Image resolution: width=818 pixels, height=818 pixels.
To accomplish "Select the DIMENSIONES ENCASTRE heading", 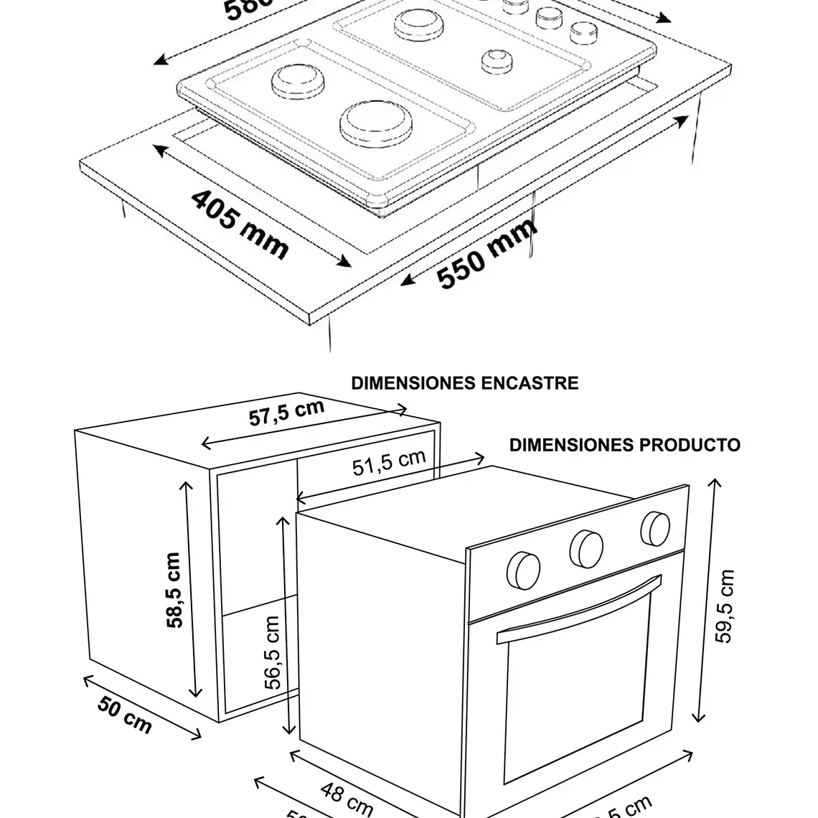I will pos(464,383).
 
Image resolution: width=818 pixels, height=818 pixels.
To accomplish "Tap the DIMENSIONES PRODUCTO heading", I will pos(624,445).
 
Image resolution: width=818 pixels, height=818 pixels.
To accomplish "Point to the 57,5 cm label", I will pos(286,413).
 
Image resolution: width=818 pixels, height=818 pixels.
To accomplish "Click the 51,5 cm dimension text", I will pos(389,463).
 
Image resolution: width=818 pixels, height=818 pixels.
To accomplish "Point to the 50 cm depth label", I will pos(125,715).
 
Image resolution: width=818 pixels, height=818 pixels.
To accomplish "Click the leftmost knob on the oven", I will pos(523,570).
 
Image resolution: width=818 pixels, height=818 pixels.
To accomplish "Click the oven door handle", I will pos(578,606).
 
